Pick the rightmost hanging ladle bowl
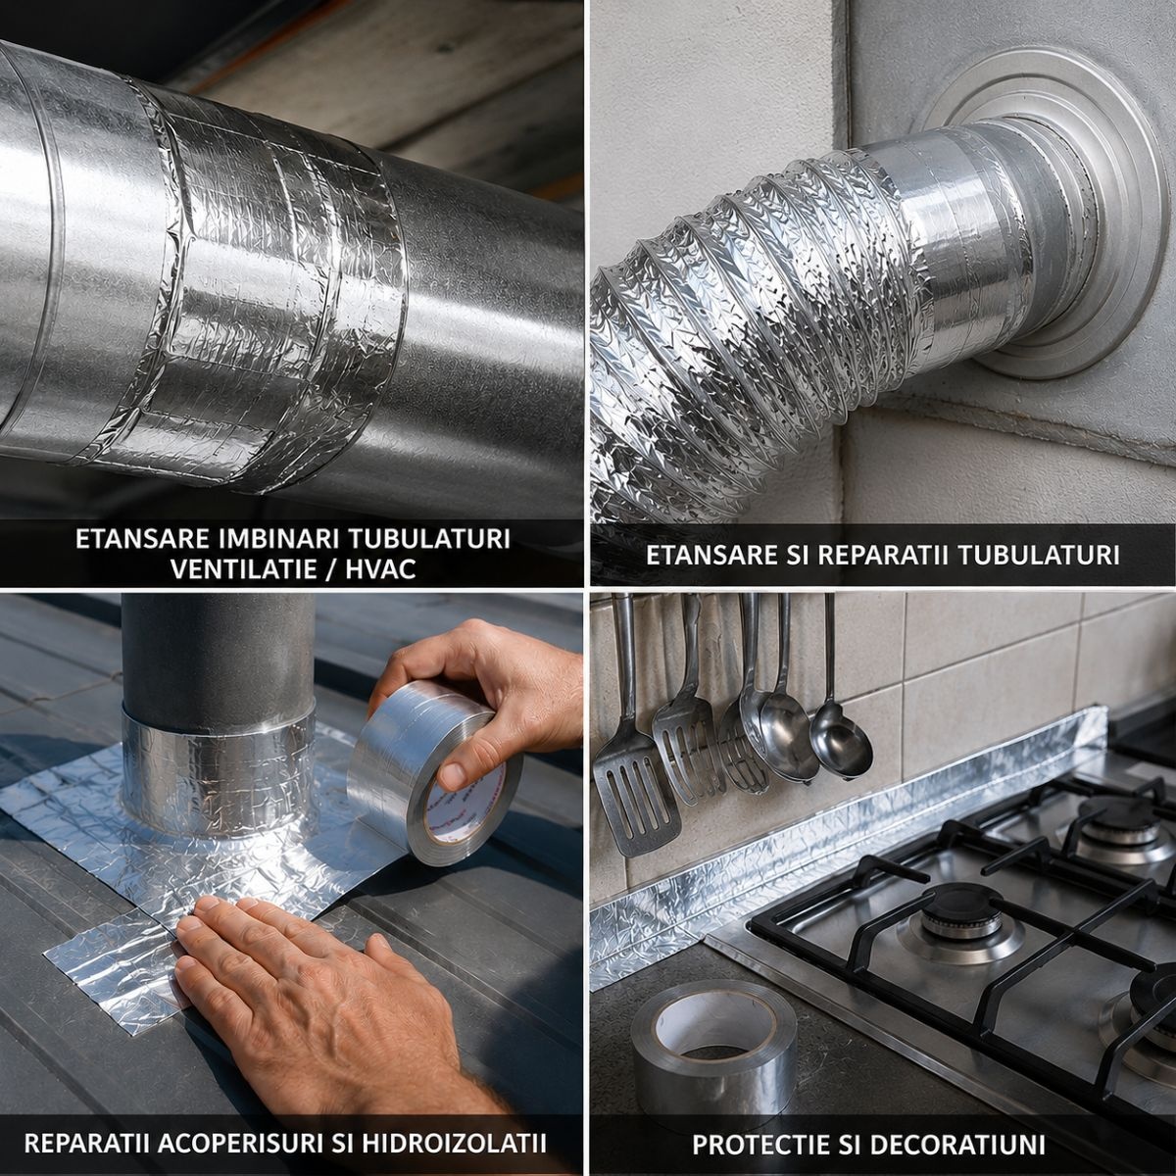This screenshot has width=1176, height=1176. click(x=841, y=740)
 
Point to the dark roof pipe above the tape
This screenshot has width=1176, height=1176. click(x=217, y=653)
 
